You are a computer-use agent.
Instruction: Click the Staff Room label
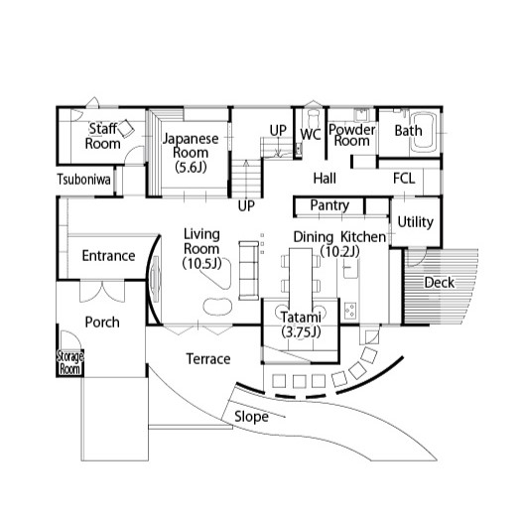102,136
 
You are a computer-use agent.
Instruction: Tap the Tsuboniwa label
83,180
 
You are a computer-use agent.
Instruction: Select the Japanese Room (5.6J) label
191,153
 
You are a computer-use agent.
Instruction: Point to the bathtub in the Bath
424,132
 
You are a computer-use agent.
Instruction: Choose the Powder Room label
352,135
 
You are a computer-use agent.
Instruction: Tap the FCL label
404,178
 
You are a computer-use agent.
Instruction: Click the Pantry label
329,205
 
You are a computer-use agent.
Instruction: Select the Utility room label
416,222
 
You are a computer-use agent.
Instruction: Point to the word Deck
439,283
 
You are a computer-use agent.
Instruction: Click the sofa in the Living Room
249,270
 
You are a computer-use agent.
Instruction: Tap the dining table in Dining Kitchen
301,276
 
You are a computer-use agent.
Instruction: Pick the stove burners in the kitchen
350,311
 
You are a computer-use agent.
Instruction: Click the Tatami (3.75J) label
301,325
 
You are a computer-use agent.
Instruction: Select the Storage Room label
69,362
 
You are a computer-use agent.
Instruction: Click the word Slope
251,417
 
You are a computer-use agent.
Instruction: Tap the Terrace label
208,359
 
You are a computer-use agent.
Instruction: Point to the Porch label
102,323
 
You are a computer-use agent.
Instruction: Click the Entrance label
108,256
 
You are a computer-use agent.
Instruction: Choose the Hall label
325,178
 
